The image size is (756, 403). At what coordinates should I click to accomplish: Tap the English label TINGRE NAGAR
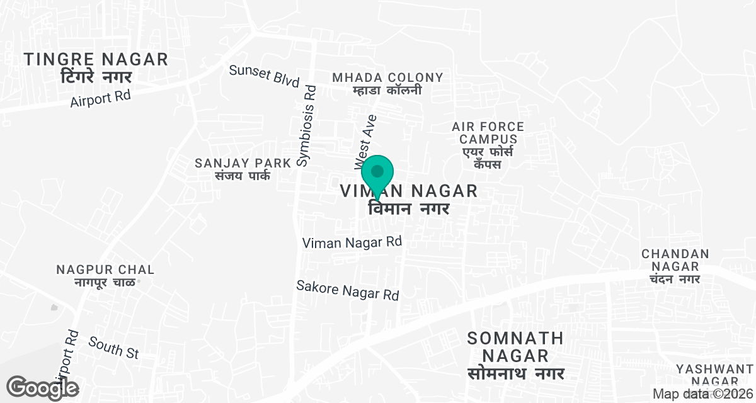click(x=96, y=60)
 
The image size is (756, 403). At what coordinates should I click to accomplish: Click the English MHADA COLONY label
click(x=387, y=77)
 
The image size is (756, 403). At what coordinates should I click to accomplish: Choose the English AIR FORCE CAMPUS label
click(x=488, y=133)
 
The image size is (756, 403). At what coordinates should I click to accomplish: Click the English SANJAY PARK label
click(x=243, y=163)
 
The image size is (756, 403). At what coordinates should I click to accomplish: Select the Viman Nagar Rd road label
click(x=352, y=242)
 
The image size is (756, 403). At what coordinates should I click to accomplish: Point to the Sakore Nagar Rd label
click(x=348, y=290)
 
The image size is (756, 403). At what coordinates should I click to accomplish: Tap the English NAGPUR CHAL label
click(x=105, y=270)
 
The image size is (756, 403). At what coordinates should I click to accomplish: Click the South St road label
click(x=113, y=348)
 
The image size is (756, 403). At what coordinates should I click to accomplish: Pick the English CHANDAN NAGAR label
click(x=675, y=260)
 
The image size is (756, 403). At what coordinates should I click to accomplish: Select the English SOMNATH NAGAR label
click(x=516, y=347)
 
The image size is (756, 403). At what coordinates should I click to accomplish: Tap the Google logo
click(x=43, y=387)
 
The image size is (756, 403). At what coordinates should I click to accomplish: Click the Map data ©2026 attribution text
click(x=702, y=394)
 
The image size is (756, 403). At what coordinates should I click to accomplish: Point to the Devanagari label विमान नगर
click(x=408, y=209)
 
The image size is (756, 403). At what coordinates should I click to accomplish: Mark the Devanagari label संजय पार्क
click(x=243, y=176)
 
